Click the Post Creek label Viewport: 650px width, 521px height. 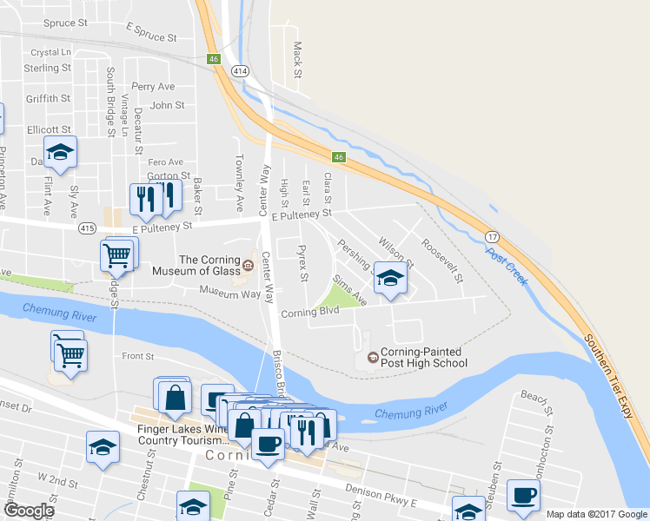coord(507,267)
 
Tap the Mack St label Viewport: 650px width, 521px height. coord(297,59)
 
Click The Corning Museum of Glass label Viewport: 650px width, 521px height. coord(197,265)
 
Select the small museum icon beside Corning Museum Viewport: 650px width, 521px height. coord(248,265)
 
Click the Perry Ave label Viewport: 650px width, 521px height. coord(153,87)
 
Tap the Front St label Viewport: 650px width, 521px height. coord(137,356)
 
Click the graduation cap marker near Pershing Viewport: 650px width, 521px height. coord(390,280)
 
